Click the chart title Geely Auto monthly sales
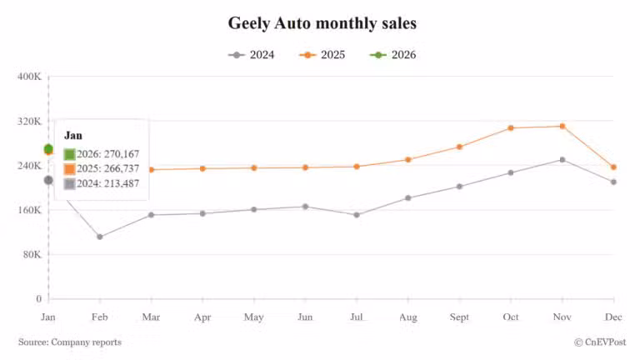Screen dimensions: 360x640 coord(322,23)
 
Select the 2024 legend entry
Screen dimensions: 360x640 coord(251,55)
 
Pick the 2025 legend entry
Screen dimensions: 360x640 coord(321,55)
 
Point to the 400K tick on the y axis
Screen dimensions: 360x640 coord(29,77)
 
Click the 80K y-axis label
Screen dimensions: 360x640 coord(32,254)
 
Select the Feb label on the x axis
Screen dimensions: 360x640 coord(99,317)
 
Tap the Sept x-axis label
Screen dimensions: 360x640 coord(459,317)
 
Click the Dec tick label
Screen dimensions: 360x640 coord(613,317)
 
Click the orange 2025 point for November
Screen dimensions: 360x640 coord(562,126)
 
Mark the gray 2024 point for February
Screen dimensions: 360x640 coord(100,237)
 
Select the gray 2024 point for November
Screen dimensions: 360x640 coord(562,159)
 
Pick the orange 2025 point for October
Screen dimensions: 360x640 coord(511,127)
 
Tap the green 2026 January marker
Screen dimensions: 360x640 coord(48,148)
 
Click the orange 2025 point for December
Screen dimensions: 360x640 coord(613,167)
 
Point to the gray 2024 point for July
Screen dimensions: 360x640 coord(357,215)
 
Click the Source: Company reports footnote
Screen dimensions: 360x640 coord(70,342)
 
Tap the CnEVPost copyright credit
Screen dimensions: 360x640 coord(600,342)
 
